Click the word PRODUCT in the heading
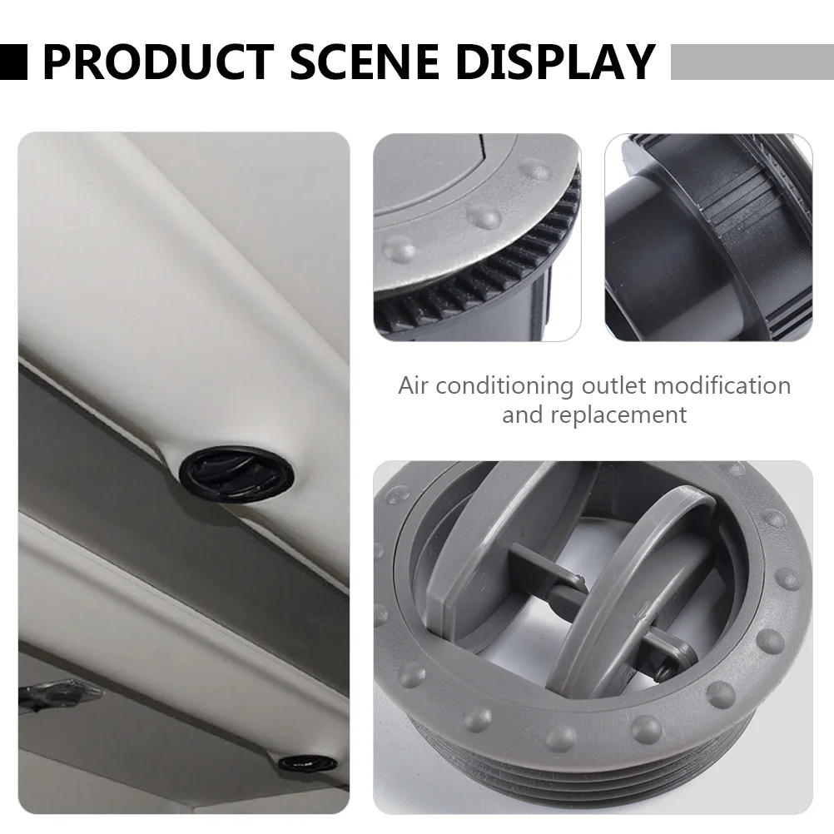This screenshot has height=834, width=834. tap(156, 62)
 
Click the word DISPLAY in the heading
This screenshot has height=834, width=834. tap(554, 62)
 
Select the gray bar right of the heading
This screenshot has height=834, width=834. tap(752, 62)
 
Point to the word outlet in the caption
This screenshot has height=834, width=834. tap(617, 386)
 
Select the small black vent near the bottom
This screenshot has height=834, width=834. tap(307, 762)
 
